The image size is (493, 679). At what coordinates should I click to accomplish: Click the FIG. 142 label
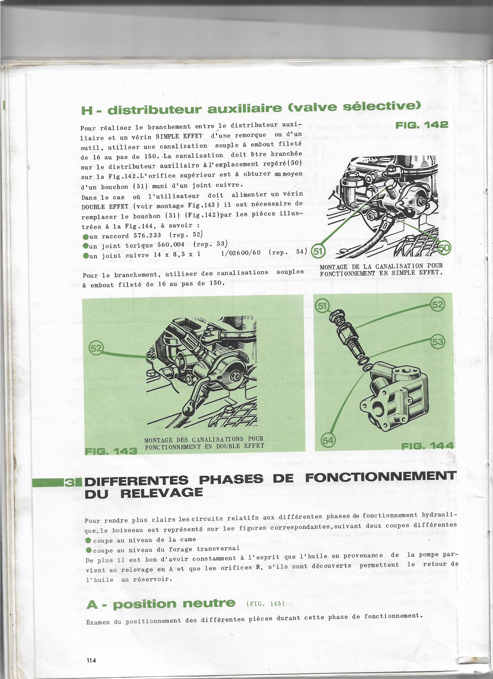click(x=422, y=125)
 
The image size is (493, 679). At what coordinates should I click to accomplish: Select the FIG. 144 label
click(x=427, y=446)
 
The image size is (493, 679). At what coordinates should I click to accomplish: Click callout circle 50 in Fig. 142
click(x=444, y=248)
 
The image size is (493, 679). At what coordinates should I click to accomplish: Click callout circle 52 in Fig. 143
click(x=96, y=348)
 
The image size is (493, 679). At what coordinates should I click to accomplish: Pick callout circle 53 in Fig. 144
click(x=438, y=342)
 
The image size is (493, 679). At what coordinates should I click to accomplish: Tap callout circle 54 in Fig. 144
click(x=328, y=440)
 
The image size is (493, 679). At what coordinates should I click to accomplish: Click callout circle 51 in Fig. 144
click(x=322, y=306)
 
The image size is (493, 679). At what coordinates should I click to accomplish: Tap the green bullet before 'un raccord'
click(x=86, y=237)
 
